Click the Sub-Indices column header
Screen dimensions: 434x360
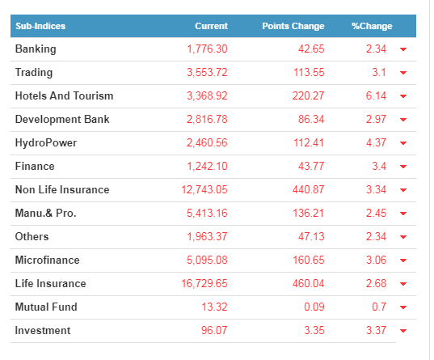pyautogui.click(x=40, y=26)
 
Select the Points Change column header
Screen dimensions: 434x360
pyautogui.click(x=293, y=26)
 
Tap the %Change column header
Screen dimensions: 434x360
pyautogui.click(x=372, y=26)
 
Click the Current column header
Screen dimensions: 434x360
pyautogui.click(x=211, y=26)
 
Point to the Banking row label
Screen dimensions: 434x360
pyautogui.click(x=36, y=49)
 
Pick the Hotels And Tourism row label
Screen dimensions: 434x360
pyautogui.click(x=64, y=96)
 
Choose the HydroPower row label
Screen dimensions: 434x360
pyautogui.click(x=46, y=143)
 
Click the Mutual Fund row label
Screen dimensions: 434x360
pyautogui.click(x=46, y=307)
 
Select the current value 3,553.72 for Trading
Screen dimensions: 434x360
pyautogui.click(x=207, y=73)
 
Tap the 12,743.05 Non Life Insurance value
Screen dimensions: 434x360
pyautogui.click(x=204, y=190)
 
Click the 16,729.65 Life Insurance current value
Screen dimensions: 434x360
pyautogui.click(x=204, y=284)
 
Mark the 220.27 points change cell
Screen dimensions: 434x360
pyautogui.click(x=309, y=96)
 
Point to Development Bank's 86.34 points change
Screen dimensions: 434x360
pyautogui.click(x=311, y=120)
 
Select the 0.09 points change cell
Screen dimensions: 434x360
pyautogui.click(x=314, y=307)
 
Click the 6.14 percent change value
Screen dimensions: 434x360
pyautogui.click(x=376, y=96)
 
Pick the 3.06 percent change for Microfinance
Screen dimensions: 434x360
pyautogui.click(x=376, y=260)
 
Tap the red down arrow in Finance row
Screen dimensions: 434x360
pyautogui.click(x=403, y=167)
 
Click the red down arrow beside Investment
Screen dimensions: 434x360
pyautogui.click(x=403, y=331)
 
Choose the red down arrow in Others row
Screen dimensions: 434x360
pyautogui.click(x=403, y=237)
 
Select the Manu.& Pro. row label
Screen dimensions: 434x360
pyautogui.click(x=46, y=214)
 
